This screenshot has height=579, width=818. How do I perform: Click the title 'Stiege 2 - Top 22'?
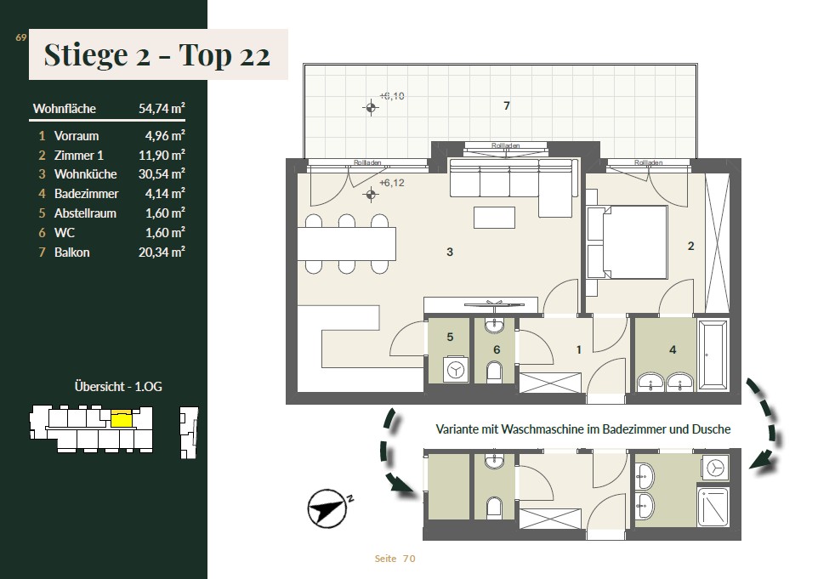pos(157,54)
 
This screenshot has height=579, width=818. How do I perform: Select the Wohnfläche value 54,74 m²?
pos(162,109)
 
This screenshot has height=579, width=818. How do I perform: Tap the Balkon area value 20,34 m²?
pos(162,253)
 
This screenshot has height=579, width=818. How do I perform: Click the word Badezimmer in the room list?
pos(86,194)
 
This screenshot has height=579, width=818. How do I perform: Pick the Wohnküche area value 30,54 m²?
pos(162,173)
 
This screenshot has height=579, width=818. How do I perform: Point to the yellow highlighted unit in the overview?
pos(122,419)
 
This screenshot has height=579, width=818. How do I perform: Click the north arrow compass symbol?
pos(327,508)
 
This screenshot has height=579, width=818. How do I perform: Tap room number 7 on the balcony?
pos(507,106)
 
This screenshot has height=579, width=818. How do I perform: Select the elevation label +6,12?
pos(392,183)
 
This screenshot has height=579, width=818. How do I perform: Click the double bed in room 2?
pos(628,242)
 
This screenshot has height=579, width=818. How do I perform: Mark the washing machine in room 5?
pos(456,370)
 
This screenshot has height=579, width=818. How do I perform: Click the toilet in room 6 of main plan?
pos(494,372)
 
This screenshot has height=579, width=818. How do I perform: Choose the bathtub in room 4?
pos(713,355)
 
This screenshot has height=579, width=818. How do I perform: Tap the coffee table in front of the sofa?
pos(494,218)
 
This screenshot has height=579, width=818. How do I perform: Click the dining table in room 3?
pos(346,244)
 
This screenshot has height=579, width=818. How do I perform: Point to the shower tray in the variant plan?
pos(713,507)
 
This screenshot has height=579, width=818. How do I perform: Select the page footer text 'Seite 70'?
pos(395,559)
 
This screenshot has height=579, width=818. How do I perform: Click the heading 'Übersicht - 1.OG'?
pos(118,387)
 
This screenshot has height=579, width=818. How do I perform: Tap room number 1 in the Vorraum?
pos(578,349)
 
